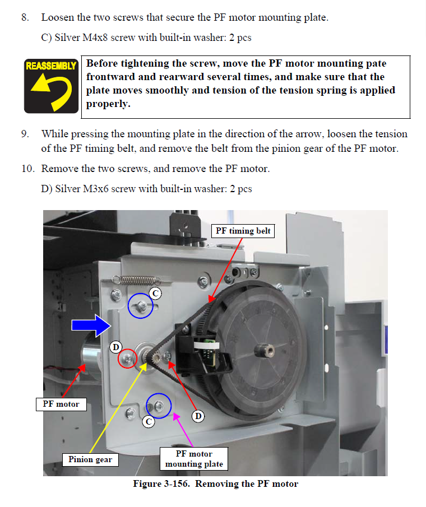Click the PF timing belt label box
[x=243, y=231]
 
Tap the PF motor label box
[x=61, y=404]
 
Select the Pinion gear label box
[x=90, y=459]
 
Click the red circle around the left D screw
[x=128, y=359]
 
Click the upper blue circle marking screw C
[x=140, y=306]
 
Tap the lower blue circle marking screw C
[x=159, y=405]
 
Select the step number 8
[x=25, y=17]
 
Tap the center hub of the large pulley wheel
[x=263, y=351]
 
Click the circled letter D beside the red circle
[x=115, y=347]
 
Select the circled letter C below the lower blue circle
[x=148, y=421]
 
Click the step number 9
[x=25, y=134]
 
